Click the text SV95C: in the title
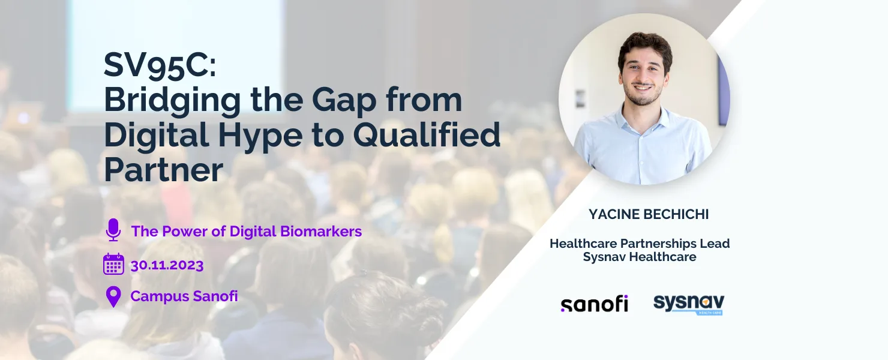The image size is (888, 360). click(160, 65)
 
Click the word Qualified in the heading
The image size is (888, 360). click(427, 135)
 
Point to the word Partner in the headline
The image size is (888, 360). click(164, 170)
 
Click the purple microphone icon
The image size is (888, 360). click(113, 230)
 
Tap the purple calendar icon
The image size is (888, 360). click(114, 264)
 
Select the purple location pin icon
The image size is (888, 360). click(113, 296)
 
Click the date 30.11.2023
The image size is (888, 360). click(167, 265)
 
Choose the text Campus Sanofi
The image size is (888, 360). click(184, 296)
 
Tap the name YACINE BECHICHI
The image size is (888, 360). click(649, 214)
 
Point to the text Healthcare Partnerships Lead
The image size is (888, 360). click(640, 244)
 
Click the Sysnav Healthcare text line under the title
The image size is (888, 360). click(640, 257)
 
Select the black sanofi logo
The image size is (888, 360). click(594, 304)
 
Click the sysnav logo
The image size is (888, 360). click(689, 304)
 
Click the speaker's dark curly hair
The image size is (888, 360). click(646, 47)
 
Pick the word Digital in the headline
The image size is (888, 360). click(157, 135)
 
